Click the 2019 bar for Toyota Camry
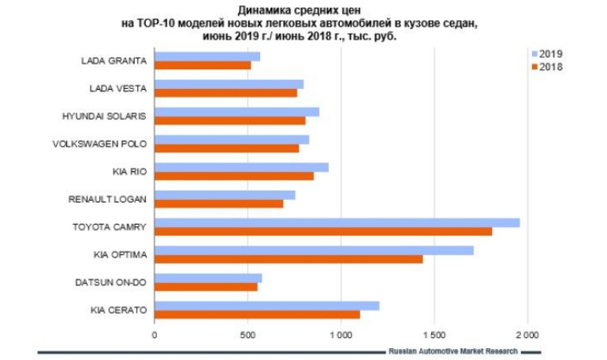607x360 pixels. pyautogui.click(x=337, y=222)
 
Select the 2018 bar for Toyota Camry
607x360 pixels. pyautogui.click(x=323, y=232)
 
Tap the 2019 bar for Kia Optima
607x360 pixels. pyautogui.click(x=314, y=251)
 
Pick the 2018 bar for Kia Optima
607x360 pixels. pyautogui.click(x=289, y=259)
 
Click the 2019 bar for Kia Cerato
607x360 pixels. pyautogui.click(x=266, y=306)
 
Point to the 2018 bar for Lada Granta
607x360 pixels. pyautogui.click(x=203, y=65)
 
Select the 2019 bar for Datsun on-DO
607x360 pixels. pyautogui.click(x=208, y=278)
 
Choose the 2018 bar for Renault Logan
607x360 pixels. pyautogui.click(x=218, y=204)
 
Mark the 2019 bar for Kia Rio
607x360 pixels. pyautogui.click(x=241, y=167)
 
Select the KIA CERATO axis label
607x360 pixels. pyautogui.click(x=119, y=310)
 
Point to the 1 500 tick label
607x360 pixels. pyautogui.click(x=433, y=335)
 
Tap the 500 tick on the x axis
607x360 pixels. pyautogui.click(x=248, y=335)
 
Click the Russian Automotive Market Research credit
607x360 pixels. pyautogui.click(x=452, y=351)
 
